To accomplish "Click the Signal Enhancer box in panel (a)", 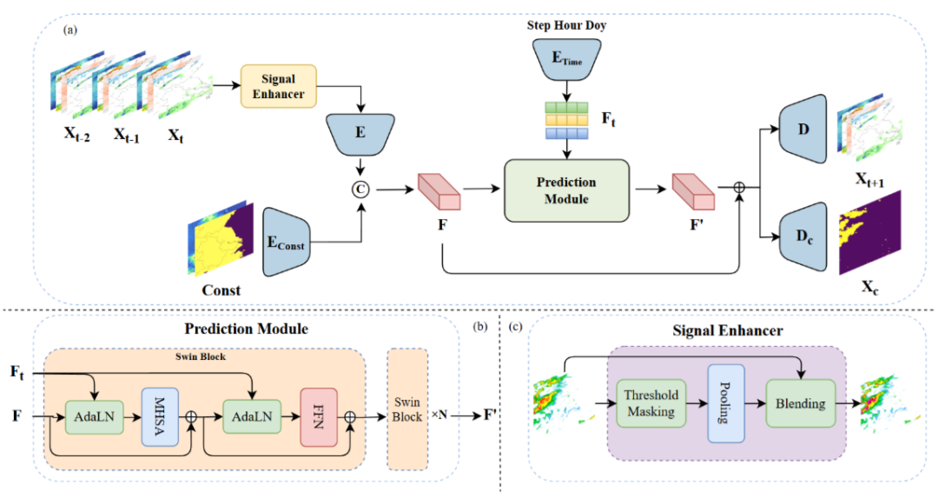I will point(279,84).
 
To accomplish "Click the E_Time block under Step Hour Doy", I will point(566,59).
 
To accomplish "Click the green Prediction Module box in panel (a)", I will point(566,190).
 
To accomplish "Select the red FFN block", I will point(318,416).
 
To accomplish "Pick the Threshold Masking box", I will point(651,402).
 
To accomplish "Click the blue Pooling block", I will point(725,403).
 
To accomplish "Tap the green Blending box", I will point(801,402).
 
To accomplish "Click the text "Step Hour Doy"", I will point(566,24).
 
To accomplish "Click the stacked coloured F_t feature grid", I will point(566,120).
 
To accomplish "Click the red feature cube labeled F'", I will point(693,192).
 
